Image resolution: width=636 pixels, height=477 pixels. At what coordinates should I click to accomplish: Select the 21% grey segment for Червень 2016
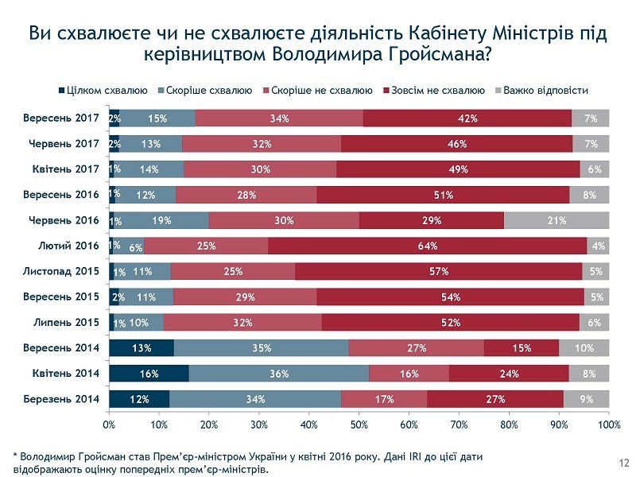click(x=556, y=220)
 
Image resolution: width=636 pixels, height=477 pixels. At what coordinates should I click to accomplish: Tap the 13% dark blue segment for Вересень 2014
click(x=142, y=347)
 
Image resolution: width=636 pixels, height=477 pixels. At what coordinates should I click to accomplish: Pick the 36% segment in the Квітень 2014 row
click(x=278, y=373)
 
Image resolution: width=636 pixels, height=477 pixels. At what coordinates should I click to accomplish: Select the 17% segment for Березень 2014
click(x=384, y=398)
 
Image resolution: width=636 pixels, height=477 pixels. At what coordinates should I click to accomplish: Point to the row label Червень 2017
click(x=64, y=144)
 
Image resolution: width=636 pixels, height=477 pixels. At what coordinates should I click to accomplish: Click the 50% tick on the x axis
click(x=359, y=425)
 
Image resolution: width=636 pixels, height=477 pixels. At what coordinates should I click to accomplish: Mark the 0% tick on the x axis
click(x=110, y=425)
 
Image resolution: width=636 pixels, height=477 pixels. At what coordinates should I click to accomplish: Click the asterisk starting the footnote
click(x=15, y=457)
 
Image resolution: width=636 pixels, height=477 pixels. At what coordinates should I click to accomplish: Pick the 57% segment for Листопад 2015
click(x=439, y=271)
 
